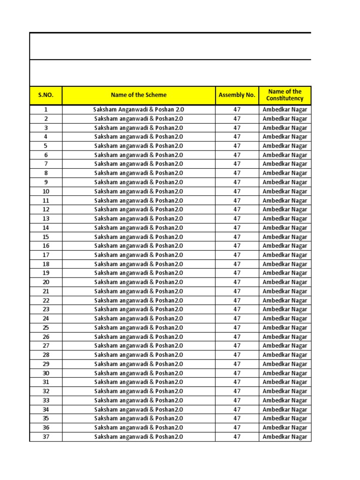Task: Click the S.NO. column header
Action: [x=46, y=95]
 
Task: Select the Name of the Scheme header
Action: [x=138, y=95]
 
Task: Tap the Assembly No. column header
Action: [x=237, y=95]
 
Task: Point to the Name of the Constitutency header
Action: [x=285, y=95]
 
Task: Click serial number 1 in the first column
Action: [x=46, y=110]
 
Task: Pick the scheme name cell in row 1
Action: [x=138, y=110]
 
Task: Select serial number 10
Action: [x=46, y=191]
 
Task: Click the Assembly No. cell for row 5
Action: [x=237, y=146]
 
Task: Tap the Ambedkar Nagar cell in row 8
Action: [x=285, y=173]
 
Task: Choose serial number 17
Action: [x=46, y=255]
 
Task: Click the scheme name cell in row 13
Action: [x=138, y=218]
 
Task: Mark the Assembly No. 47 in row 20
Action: [x=237, y=282]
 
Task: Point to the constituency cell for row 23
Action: [x=285, y=309]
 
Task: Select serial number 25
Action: [x=46, y=328]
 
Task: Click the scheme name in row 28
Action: [x=138, y=355]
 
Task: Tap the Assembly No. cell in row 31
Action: [x=237, y=382]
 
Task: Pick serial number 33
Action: [x=46, y=400]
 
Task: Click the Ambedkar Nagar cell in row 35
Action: [x=285, y=418]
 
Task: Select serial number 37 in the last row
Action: [x=46, y=437]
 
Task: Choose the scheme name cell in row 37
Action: [x=138, y=437]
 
